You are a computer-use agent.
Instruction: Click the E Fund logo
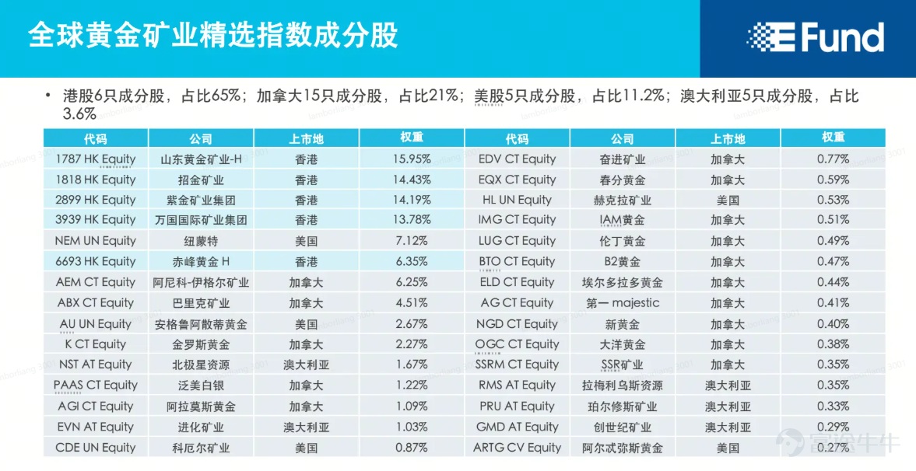click(815, 37)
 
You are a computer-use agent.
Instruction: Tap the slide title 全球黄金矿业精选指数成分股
click(213, 35)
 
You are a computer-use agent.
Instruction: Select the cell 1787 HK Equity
click(95, 159)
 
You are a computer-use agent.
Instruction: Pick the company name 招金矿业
click(201, 180)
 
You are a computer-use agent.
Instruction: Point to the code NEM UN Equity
click(95, 240)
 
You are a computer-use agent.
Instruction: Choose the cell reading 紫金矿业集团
click(201, 201)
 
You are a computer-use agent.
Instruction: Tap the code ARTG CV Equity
click(517, 448)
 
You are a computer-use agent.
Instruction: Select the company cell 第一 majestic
click(622, 303)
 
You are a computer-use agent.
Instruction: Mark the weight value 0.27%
click(833, 448)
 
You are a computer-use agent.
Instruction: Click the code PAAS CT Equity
click(95, 386)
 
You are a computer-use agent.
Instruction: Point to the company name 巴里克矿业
click(201, 303)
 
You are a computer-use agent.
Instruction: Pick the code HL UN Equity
click(517, 201)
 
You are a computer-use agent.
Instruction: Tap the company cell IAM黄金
click(622, 220)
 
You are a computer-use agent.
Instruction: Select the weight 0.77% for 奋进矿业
click(833, 159)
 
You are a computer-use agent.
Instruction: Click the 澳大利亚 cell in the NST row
click(306, 365)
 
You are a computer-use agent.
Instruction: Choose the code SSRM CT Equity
click(517, 365)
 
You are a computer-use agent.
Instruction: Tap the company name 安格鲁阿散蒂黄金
click(201, 324)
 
